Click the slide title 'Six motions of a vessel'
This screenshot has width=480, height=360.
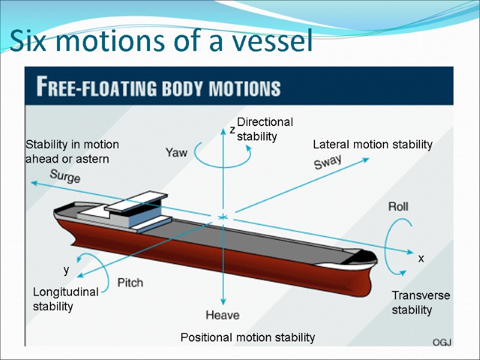(161, 41)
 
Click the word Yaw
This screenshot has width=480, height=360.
(176, 153)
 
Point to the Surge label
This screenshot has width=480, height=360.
(65, 176)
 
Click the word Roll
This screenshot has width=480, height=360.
(398, 206)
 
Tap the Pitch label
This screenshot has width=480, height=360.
(130, 283)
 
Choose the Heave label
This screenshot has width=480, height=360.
(223, 315)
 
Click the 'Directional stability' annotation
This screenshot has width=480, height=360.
(265, 129)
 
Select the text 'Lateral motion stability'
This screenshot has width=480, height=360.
(373, 144)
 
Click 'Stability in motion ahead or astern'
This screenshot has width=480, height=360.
(72, 152)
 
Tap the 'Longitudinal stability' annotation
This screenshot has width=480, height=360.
(65, 299)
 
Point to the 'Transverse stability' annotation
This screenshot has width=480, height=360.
(421, 302)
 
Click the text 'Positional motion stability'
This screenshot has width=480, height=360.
(247, 338)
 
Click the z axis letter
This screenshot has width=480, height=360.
(232, 130)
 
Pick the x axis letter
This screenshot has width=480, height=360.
(421, 258)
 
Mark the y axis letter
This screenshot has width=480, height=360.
(67, 271)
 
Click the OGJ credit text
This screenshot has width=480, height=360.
(442, 342)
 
